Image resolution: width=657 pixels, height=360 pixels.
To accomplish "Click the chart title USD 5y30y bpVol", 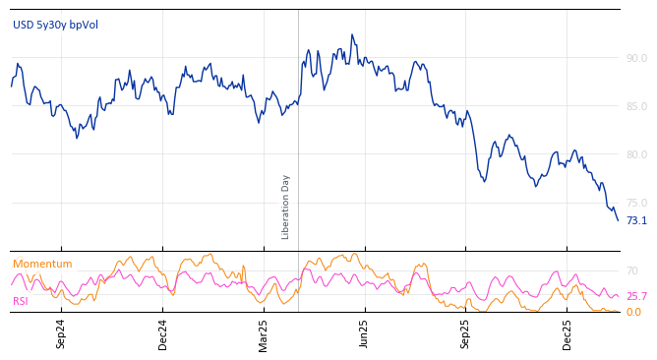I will [55, 26].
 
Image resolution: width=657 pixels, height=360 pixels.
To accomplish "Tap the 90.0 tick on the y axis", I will [636, 59].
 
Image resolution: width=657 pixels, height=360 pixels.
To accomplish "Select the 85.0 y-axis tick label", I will [636, 107].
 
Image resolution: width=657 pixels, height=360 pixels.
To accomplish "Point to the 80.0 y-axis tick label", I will [636, 155].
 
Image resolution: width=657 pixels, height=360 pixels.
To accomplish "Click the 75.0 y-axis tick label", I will [636, 204].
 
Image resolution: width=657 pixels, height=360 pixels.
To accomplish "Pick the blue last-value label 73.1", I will [636, 221].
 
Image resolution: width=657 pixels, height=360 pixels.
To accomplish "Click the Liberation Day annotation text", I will [286, 207].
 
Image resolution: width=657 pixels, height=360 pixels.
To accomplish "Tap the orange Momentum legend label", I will [42, 265].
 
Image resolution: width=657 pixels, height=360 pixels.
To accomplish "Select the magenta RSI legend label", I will [21, 302].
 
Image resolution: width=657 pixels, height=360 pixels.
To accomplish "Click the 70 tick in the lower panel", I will [632, 271].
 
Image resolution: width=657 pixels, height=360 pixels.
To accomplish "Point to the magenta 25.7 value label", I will [636, 297].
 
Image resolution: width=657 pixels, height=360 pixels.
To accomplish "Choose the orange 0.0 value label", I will [633, 313].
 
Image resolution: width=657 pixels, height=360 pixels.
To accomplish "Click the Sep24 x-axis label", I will [61, 334].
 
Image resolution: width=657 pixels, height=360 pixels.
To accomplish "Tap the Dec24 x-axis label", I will [163, 334].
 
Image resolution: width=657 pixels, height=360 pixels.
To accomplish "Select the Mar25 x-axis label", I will [264, 334].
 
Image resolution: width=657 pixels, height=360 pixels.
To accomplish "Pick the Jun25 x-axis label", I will [365, 334].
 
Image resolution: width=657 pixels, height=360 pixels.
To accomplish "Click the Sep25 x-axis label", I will [466, 334].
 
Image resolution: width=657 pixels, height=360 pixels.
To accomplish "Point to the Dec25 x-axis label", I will [567, 334].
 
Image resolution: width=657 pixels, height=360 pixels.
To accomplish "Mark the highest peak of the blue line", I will [351, 34].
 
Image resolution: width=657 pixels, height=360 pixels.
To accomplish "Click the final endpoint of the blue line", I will [618, 220].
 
